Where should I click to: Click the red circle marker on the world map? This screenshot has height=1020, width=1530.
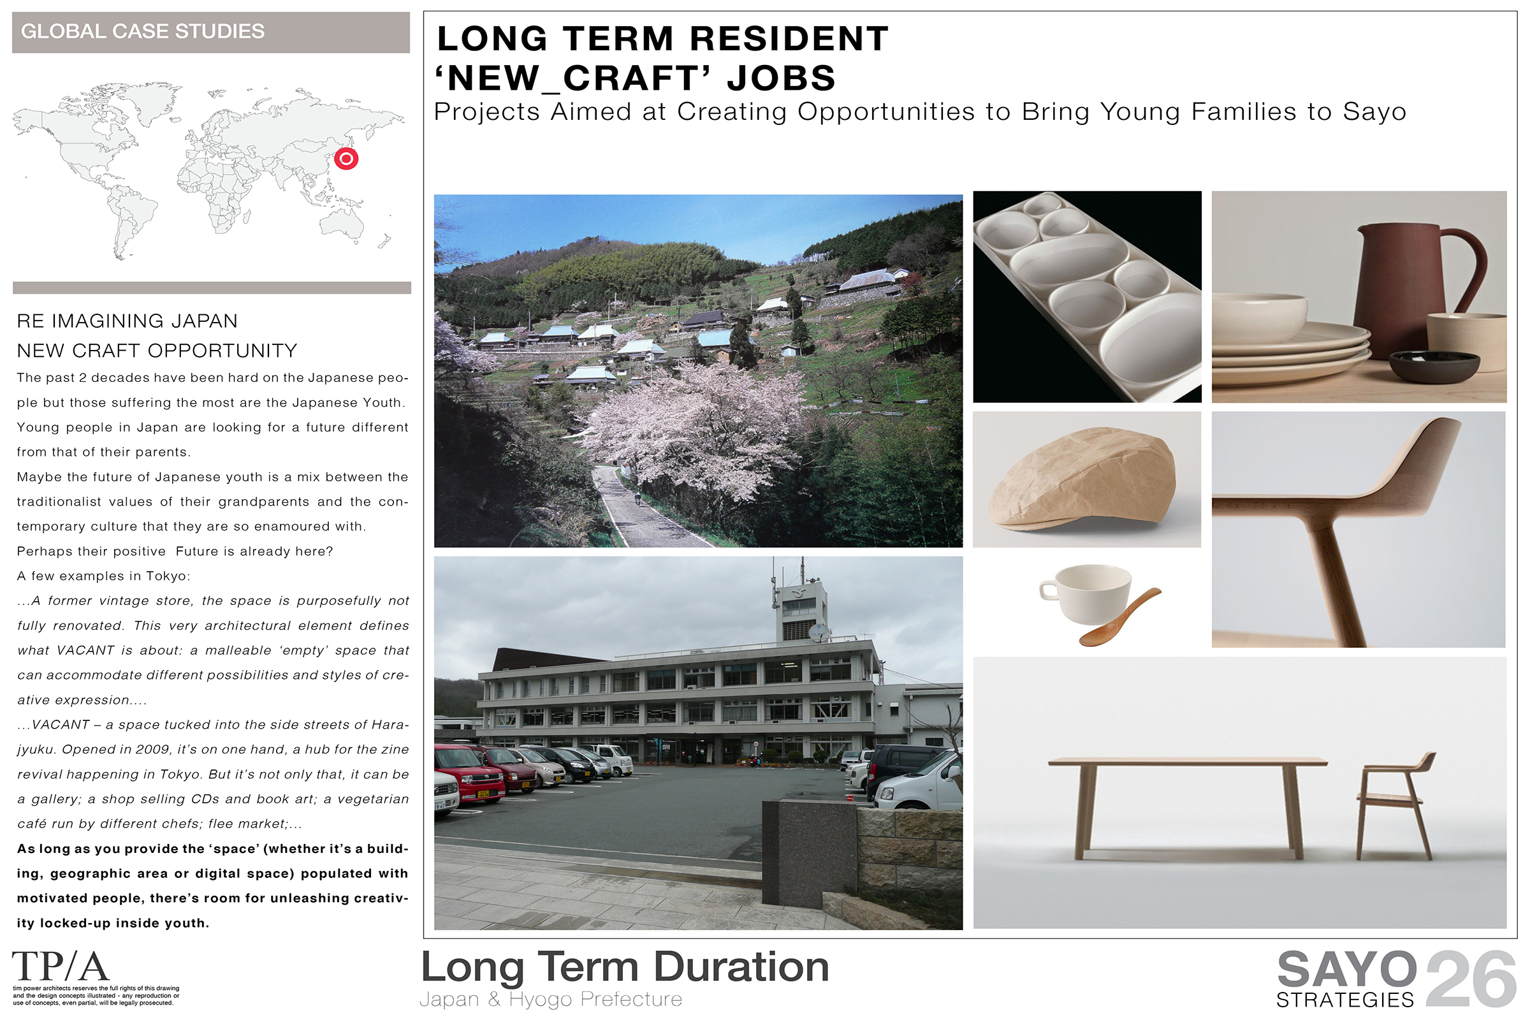tap(346, 158)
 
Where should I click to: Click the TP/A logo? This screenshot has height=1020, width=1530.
tap(61, 966)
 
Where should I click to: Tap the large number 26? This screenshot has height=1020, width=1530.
tap(1471, 979)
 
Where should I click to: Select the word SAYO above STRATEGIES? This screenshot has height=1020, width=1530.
tap(1346, 970)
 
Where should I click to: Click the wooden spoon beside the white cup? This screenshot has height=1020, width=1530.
tap(1120, 617)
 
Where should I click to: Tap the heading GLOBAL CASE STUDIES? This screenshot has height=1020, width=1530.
tap(142, 31)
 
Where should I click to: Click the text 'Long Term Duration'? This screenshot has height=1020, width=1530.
tap(625, 967)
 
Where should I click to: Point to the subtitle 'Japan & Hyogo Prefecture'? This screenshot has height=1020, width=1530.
tap(551, 999)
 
